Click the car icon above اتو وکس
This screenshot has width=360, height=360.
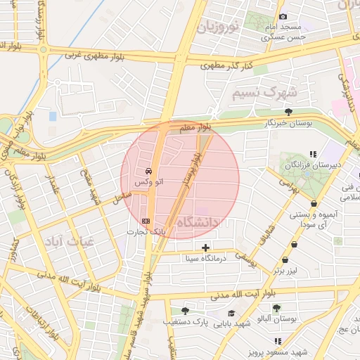click(148, 171)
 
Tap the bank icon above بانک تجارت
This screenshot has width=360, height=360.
click(146, 221)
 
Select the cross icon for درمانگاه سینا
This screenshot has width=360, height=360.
click(205, 247)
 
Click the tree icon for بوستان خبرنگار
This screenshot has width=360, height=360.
click(288, 112)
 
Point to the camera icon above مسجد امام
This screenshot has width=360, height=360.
click(283, 16)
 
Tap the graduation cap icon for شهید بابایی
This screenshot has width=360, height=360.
click(231, 313)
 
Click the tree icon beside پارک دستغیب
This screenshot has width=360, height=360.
click(185, 310)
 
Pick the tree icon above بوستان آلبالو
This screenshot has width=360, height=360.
click(276, 308)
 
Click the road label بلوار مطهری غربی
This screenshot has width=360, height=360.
click(109, 56)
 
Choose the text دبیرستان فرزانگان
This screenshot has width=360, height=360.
click(314, 165)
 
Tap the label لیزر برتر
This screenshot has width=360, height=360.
click(292, 270)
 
